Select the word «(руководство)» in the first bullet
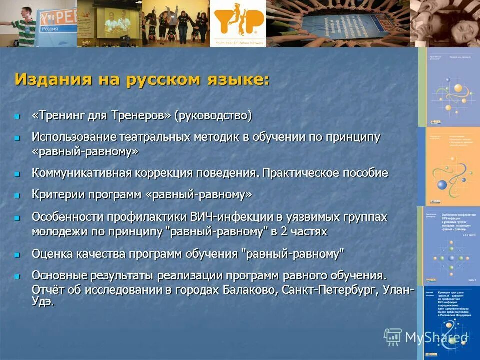tap(213, 115)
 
